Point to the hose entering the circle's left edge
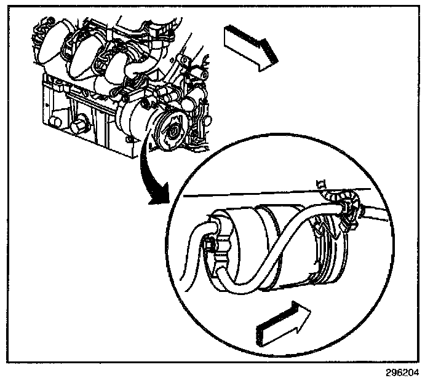(x=192, y=246)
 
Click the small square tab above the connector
(x=320, y=183)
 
